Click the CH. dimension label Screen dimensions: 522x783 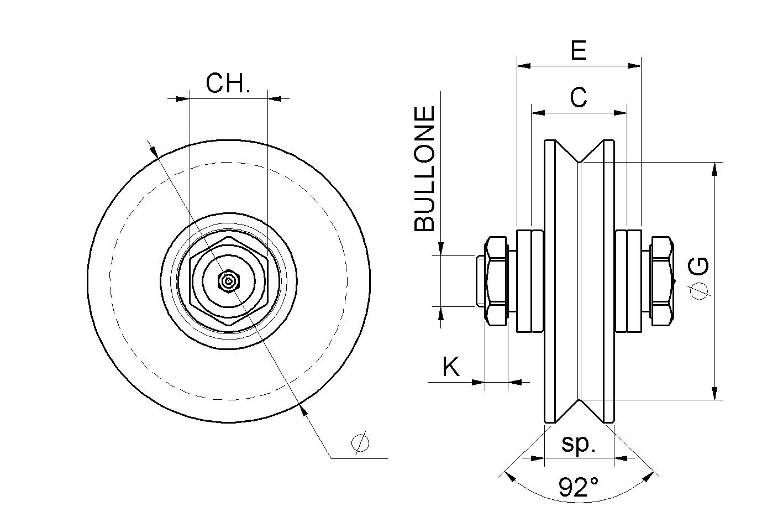(228, 83)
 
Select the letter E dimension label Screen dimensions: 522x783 (578, 51)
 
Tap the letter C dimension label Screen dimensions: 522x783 (578, 98)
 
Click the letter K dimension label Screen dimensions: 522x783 (451, 367)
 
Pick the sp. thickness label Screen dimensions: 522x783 (578, 444)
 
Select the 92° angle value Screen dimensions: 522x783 (578, 487)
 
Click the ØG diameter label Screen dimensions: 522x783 (700, 279)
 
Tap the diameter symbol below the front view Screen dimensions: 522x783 (360, 443)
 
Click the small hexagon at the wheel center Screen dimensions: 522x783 (228, 281)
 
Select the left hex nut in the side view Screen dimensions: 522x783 (495, 281)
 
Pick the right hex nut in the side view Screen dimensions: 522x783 (661, 281)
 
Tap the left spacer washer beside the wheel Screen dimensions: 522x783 (529, 281)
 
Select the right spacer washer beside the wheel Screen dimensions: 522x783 (628, 281)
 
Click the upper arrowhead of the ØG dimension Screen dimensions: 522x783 (716, 169)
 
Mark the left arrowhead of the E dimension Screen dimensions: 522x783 (523, 66)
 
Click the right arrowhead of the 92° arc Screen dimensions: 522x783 (650, 474)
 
